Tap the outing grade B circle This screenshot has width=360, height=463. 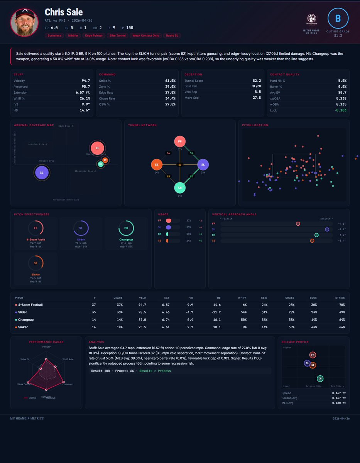[338, 18]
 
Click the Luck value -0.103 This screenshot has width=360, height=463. [340, 110]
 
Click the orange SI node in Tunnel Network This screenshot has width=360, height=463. [157, 165]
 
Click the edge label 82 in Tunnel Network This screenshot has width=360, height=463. [192, 176]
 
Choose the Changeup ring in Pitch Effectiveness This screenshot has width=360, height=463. [126, 228]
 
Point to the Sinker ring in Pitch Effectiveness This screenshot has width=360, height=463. [35, 263]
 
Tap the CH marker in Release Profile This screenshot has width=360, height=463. [320, 379]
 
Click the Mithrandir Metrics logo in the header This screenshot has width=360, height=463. [311, 19]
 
